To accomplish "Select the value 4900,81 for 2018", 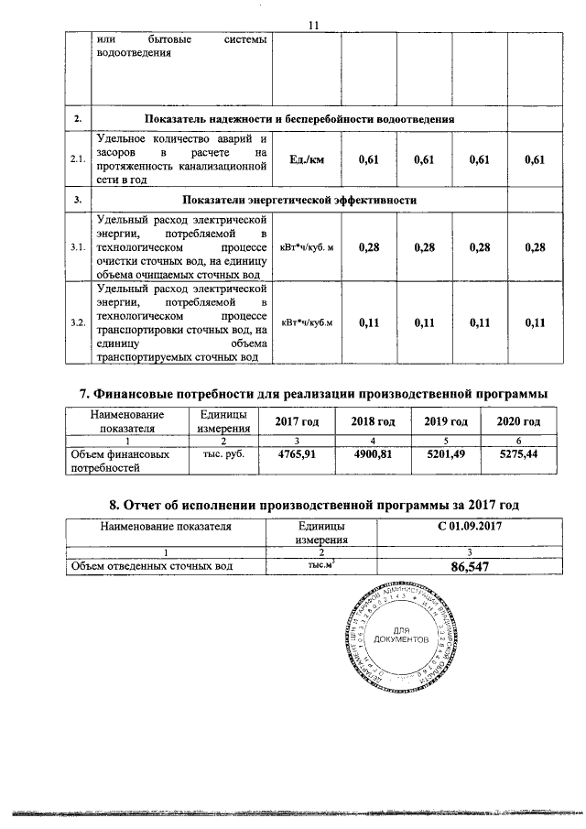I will pyautogui.click(x=374, y=454).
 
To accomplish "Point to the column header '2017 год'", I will pyautogui.click(x=298, y=421).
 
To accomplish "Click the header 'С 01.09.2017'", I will pyautogui.click(x=471, y=527).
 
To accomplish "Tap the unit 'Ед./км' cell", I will pyautogui.click(x=307, y=160).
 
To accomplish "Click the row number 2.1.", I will pyautogui.click(x=78, y=160).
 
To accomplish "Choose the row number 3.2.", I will pyautogui.click(x=78, y=322).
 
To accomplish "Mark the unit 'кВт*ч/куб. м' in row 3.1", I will pyautogui.click(x=307, y=247).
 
